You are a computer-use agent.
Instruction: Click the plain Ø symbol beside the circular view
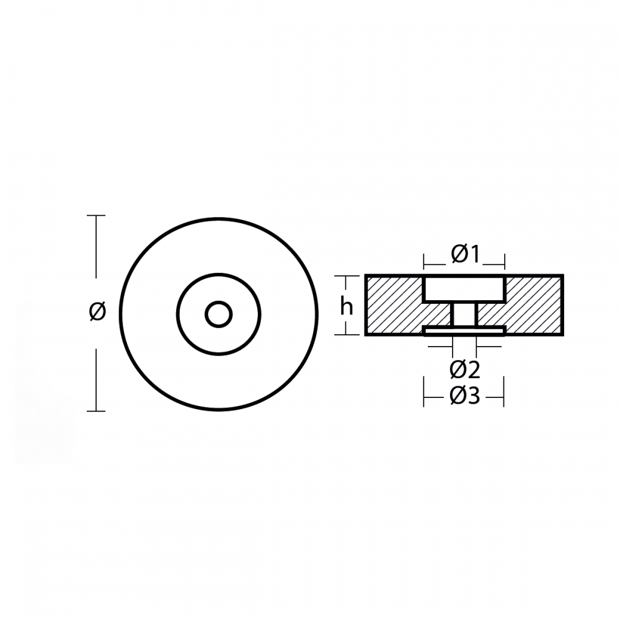coord(97,312)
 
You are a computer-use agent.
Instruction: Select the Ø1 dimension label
coord(465,254)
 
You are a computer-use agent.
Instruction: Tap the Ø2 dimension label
coord(465,370)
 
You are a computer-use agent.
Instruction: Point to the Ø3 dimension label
coord(465,395)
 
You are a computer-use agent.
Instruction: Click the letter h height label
coord(347,306)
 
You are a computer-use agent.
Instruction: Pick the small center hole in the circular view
coord(218,314)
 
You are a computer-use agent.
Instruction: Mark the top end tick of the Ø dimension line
coord(96,216)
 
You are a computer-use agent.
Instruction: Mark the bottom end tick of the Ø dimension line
coord(96,410)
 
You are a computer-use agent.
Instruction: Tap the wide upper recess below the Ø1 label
coord(464,289)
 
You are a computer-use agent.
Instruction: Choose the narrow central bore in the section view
coord(464,314)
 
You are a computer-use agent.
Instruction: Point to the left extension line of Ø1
coord(424,260)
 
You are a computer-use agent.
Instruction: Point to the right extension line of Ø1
coord(504,260)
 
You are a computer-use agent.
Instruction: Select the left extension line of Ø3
coord(424,394)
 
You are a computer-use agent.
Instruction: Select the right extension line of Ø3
coord(503,394)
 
